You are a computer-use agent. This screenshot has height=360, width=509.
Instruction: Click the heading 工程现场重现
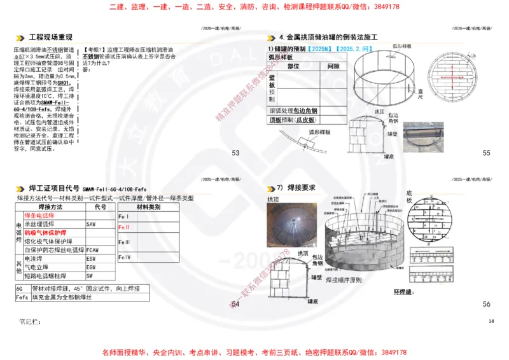coord(51,38)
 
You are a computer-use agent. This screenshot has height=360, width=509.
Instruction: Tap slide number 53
coord(235,153)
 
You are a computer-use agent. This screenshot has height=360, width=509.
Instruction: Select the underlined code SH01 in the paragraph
coord(62,83)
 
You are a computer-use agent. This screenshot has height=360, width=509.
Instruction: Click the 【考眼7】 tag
coord(95,49)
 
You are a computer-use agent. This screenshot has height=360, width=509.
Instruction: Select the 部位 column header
coord(293,66)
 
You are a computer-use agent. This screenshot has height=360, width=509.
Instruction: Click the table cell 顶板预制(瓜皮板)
coord(293,119)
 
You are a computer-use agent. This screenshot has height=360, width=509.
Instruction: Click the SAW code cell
coord(92,225)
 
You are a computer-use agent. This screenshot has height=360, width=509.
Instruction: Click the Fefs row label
coord(22,296)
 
